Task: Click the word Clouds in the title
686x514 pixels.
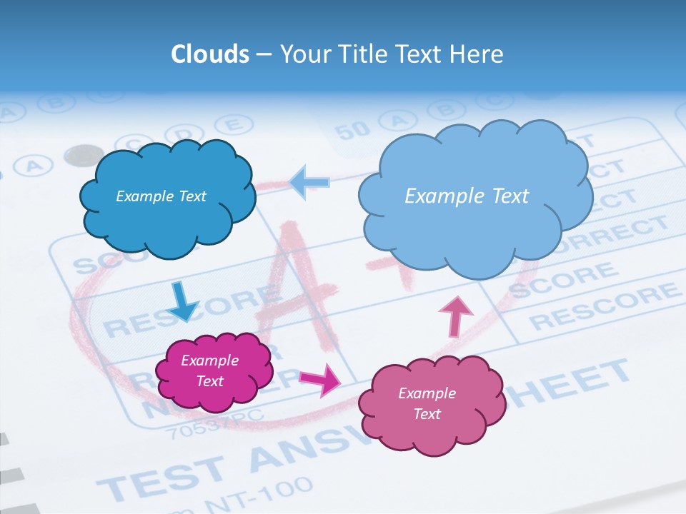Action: pyautogui.click(x=210, y=54)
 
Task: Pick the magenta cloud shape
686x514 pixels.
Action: pyautogui.click(x=213, y=371)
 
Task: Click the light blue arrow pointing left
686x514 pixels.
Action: pyautogui.click(x=309, y=182)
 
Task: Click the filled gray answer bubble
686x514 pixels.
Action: pyautogui.click(x=84, y=155)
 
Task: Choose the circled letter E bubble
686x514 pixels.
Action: pyautogui.click(x=230, y=126)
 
